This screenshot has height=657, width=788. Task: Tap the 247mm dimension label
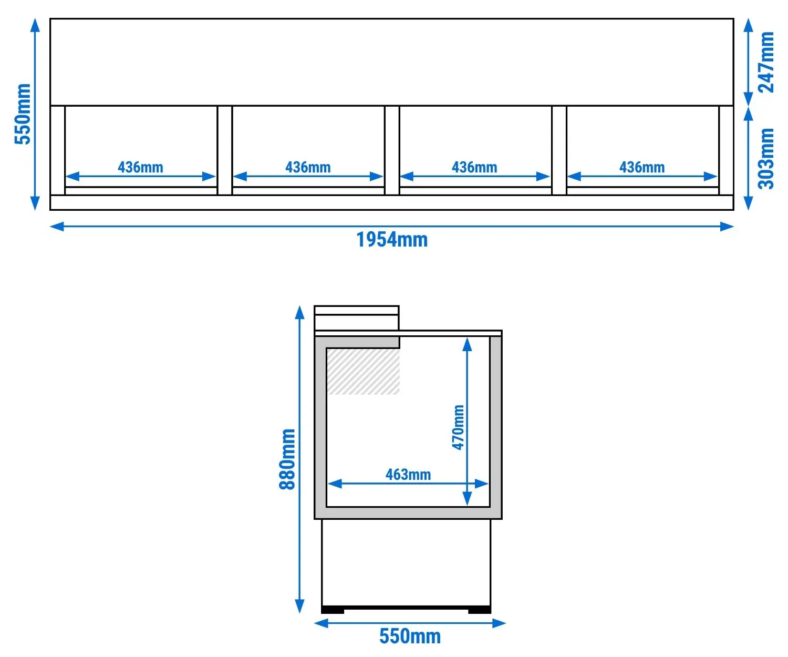(766, 63)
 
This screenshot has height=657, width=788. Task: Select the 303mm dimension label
(766, 159)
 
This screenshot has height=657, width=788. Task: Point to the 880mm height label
(287, 459)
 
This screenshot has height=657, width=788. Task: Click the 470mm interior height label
(458, 427)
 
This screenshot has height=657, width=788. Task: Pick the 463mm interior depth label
(408, 475)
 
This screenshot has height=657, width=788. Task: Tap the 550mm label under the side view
(410, 636)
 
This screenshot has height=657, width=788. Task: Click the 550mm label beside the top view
(22, 114)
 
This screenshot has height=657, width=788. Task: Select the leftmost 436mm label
(140, 167)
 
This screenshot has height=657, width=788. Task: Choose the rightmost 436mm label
(642, 167)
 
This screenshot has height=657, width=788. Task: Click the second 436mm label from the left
(308, 167)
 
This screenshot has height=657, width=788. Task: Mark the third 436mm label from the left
(474, 167)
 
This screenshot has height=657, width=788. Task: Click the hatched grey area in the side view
(363, 372)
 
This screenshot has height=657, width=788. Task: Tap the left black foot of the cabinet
(333, 610)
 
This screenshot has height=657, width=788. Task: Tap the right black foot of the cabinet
(480, 610)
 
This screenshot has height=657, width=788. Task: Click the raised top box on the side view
(357, 318)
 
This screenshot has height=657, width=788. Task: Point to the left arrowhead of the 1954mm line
(57, 227)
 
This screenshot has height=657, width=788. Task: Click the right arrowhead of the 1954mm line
(727, 227)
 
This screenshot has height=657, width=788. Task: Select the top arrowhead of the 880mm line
(299, 313)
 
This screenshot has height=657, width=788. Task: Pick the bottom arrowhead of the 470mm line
(467, 499)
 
